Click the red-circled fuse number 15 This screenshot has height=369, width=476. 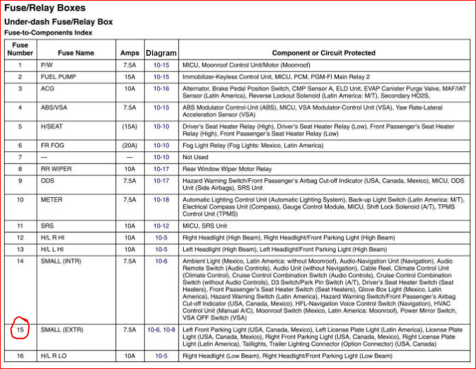(20, 330)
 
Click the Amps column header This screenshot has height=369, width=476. (129, 53)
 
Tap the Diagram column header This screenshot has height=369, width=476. (161, 53)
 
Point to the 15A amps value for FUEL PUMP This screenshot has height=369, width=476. (129, 76)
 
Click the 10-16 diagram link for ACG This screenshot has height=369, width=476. (161, 88)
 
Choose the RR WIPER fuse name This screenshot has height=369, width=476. (57, 169)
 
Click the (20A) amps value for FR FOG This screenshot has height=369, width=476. (129, 145)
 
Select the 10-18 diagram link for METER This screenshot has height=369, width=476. (161, 200)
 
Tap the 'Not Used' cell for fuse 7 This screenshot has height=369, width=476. (196, 157)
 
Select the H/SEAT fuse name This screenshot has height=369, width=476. (52, 127)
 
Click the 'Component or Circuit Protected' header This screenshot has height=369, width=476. (323, 53)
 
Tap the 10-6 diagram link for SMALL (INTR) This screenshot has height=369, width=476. (161, 262)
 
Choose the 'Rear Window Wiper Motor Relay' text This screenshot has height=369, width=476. (227, 169)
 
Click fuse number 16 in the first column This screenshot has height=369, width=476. (20, 356)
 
